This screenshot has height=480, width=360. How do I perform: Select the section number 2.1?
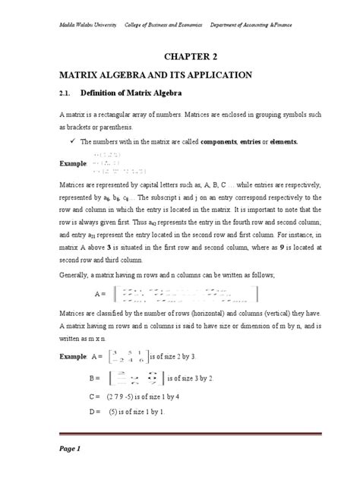pyautogui.click(x=69, y=94)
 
